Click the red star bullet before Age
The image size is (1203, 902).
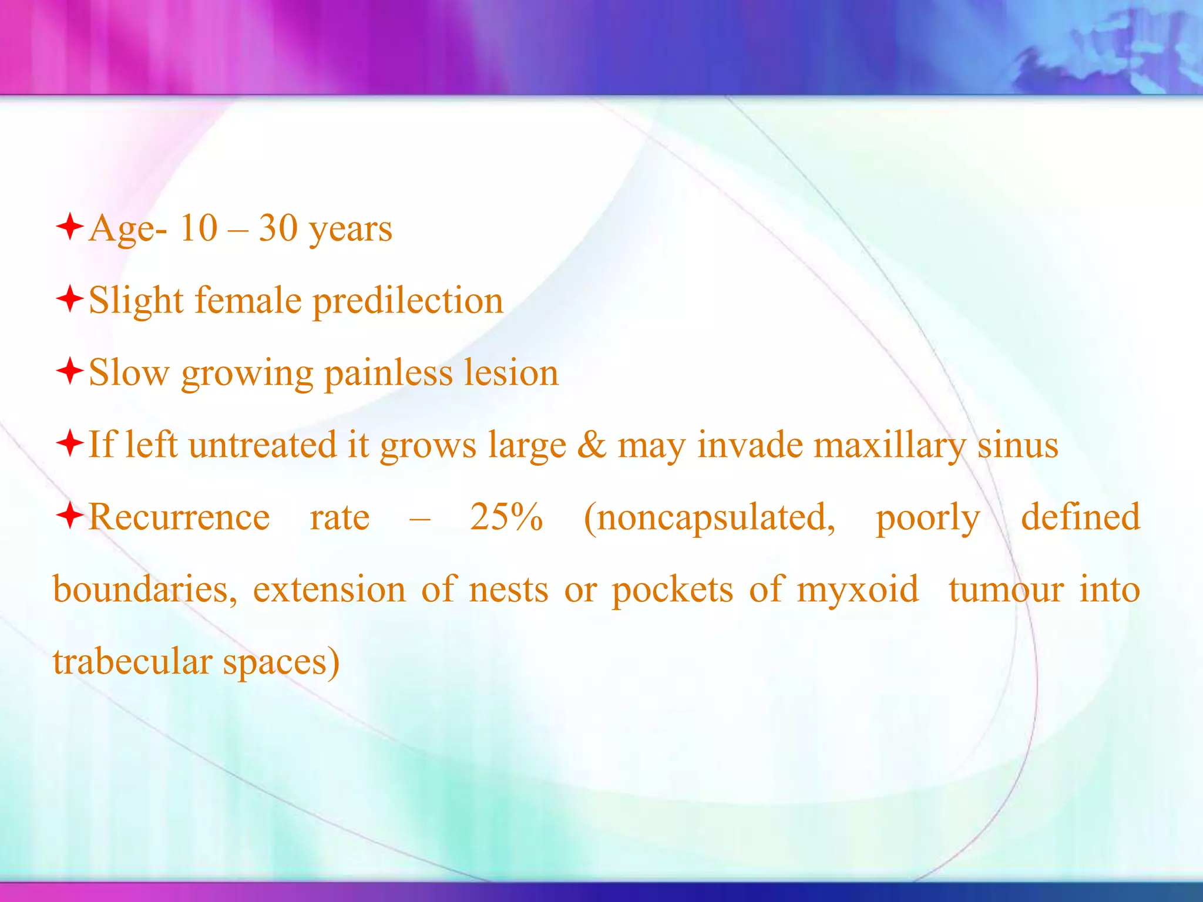[69, 227]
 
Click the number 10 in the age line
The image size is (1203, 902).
[199, 228]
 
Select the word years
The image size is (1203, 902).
[351, 230]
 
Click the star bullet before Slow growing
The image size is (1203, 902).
[69, 372]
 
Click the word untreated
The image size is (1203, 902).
[263, 445]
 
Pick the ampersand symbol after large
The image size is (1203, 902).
[592, 445]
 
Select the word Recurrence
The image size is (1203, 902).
[179, 517]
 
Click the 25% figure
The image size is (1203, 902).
[506, 517]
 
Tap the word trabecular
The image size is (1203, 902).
[132, 662]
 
